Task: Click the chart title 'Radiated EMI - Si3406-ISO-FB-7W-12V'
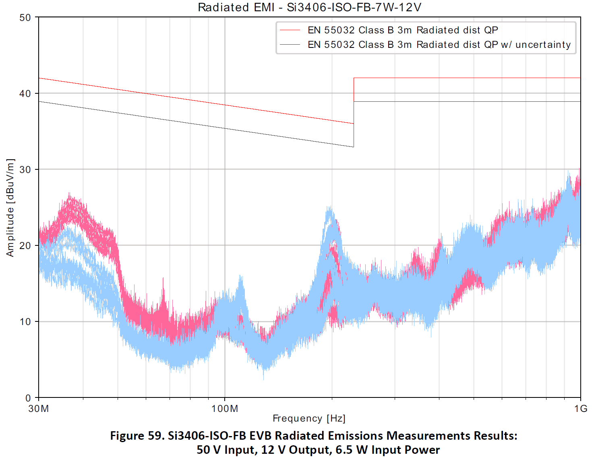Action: [309, 7]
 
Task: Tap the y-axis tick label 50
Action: [25, 18]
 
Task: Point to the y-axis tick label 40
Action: [25, 94]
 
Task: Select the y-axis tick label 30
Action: [25, 170]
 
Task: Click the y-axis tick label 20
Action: [25, 246]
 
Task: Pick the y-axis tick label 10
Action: [25, 322]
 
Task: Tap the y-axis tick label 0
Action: [28, 398]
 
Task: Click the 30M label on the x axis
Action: [39, 409]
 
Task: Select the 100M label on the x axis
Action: [225, 409]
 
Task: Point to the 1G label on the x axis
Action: [581, 409]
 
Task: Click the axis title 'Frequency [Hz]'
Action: [309, 418]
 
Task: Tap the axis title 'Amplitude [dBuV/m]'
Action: [10, 208]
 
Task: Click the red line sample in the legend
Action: [290, 30]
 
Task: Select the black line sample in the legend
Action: [290, 45]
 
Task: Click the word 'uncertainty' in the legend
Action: [543, 45]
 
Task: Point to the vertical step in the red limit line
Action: [354, 101]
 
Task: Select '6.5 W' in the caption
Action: [351, 450]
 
